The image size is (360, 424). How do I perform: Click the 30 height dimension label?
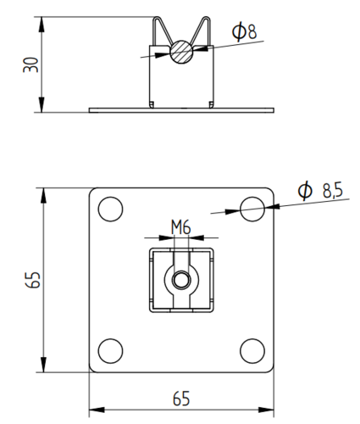pyautogui.click(x=30, y=64)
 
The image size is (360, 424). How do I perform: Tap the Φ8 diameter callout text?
pyautogui.click(x=244, y=31)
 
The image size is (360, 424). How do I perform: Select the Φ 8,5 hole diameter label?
pyautogui.click(x=320, y=190)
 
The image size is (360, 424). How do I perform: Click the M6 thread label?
pyautogui.click(x=181, y=227)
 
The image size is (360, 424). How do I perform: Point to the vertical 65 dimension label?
pyautogui.click(x=33, y=280)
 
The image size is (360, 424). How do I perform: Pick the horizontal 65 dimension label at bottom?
pyautogui.click(x=181, y=399)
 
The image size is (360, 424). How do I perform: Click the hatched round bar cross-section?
pyautogui.click(x=181, y=52)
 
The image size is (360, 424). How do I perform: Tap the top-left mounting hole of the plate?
pyautogui.click(x=110, y=209)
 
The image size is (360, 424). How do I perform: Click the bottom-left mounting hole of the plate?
pyautogui.click(x=110, y=351)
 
